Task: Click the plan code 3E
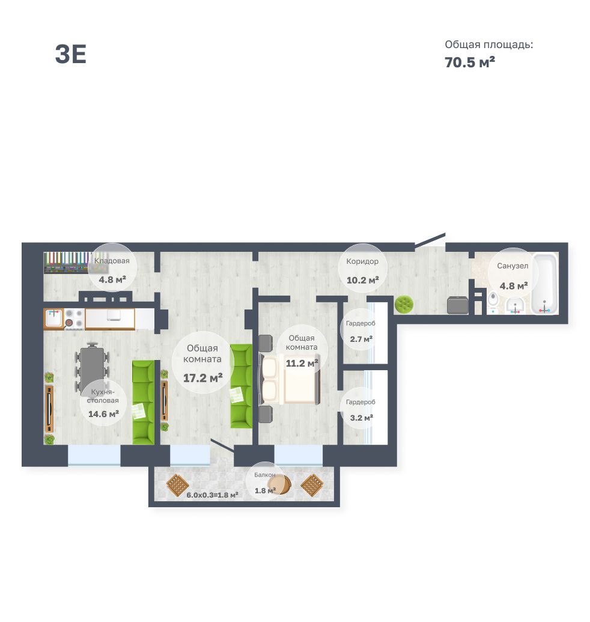(x=70, y=54)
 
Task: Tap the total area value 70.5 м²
(x=470, y=63)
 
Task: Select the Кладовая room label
(x=112, y=261)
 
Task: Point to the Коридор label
(x=362, y=261)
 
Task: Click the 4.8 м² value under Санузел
(x=514, y=285)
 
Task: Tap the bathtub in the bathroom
(x=545, y=284)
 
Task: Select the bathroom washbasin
(x=515, y=306)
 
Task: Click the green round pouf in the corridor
(x=404, y=305)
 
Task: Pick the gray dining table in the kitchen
(x=92, y=368)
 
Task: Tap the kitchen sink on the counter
(x=53, y=319)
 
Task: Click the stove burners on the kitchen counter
(x=75, y=319)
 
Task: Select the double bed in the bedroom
(x=290, y=379)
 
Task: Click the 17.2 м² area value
(x=202, y=377)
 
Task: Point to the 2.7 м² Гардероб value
(x=361, y=339)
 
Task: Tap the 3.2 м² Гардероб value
(x=361, y=418)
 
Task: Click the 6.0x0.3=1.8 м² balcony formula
(x=212, y=495)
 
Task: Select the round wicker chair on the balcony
(x=279, y=484)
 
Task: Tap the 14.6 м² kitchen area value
(x=103, y=413)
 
